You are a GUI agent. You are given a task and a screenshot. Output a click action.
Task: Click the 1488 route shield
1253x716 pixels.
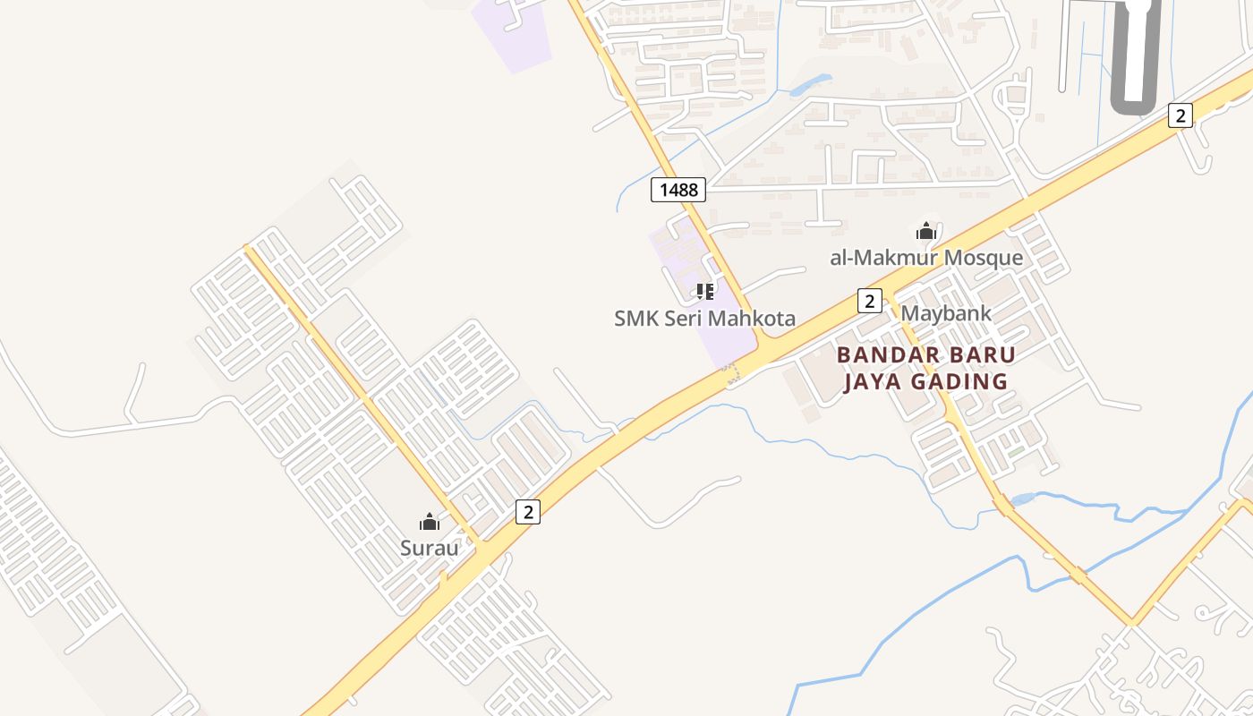click(x=678, y=190)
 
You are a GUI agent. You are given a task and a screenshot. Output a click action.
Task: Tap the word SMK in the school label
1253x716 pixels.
click(x=635, y=318)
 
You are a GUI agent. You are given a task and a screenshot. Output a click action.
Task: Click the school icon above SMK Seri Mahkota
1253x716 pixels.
click(x=705, y=291)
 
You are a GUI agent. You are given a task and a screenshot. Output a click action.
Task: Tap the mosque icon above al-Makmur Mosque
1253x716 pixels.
click(x=925, y=232)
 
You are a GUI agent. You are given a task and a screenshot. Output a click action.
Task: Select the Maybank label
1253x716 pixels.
click(x=946, y=313)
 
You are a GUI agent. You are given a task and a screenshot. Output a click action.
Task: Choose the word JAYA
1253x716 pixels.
click(x=874, y=382)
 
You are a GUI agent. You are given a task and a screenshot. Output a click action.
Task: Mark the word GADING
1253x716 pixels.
click(x=959, y=382)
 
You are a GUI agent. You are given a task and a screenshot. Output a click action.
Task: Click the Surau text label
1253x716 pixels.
click(x=430, y=548)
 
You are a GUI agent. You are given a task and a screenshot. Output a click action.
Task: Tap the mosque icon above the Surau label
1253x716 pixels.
click(x=430, y=522)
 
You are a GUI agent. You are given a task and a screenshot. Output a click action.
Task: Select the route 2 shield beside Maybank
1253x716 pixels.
click(x=869, y=301)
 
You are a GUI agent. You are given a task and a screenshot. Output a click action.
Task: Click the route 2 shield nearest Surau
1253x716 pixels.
click(x=528, y=512)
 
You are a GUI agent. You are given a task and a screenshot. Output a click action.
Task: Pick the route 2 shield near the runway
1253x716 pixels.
click(x=1181, y=115)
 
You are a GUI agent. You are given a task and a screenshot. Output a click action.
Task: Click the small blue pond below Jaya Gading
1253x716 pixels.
click(x=1022, y=499)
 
